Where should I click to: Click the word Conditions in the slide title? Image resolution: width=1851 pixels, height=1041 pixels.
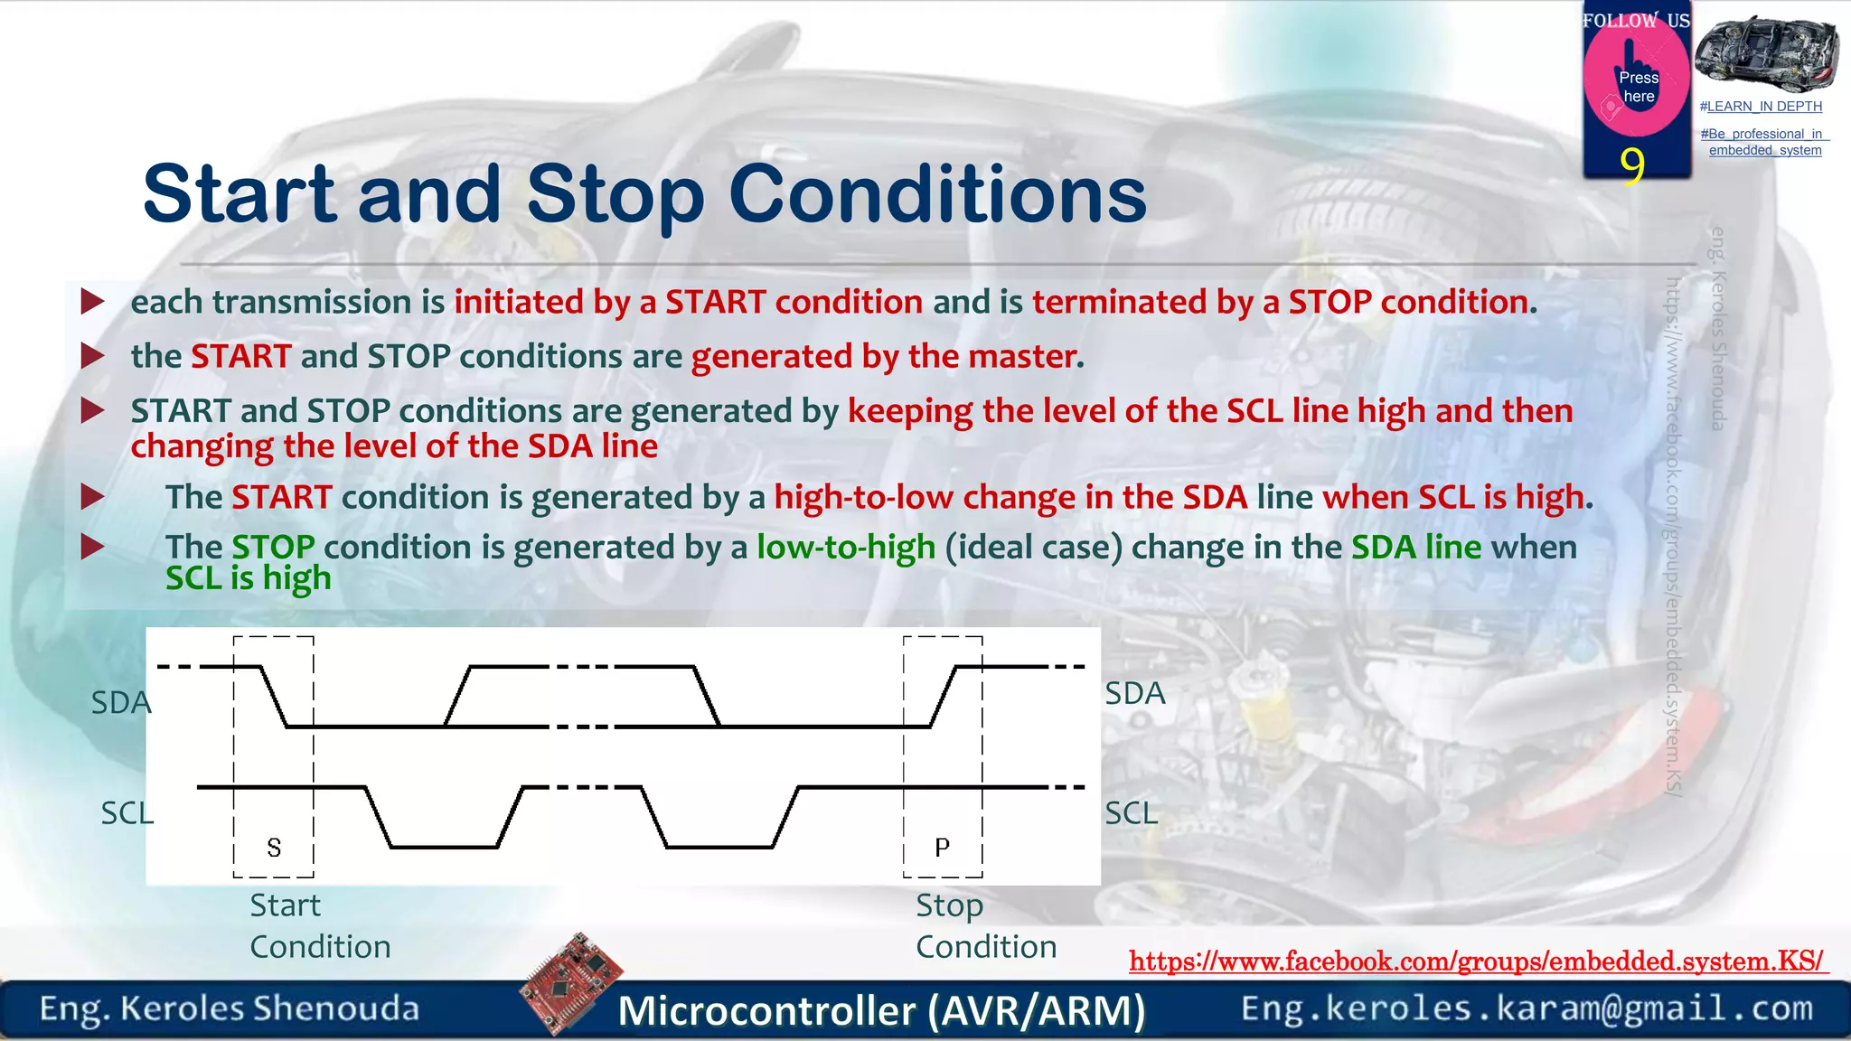[x=937, y=194]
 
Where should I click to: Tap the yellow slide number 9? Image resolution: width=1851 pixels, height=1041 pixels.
[x=1631, y=165]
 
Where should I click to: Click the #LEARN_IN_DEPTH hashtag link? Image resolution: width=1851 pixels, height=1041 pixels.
[x=1761, y=107]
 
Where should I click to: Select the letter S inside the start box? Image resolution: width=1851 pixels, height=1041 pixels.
[x=274, y=848]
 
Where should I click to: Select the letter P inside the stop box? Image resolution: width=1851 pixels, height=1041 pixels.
[x=942, y=848]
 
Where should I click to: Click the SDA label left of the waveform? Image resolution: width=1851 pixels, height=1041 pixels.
[x=120, y=703]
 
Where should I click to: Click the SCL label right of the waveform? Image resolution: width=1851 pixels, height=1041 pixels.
[x=1131, y=813]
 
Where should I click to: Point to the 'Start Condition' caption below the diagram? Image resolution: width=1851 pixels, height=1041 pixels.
[x=320, y=926]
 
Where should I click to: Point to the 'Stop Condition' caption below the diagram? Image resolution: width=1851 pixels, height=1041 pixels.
[x=985, y=926]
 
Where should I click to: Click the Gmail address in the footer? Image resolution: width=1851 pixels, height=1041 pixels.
[x=1527, y=1008]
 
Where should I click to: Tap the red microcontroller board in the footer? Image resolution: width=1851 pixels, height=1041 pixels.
[x=571, y=982]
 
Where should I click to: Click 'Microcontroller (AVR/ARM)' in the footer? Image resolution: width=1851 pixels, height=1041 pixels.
[x=881, y=1010]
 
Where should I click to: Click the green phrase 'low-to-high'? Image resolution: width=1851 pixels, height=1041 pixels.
[x=845, y=548]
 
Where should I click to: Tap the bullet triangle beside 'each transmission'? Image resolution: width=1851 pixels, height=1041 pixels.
[x=92, y=302]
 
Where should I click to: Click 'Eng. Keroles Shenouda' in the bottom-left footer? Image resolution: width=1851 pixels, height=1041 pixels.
[x=230, y=1008]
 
